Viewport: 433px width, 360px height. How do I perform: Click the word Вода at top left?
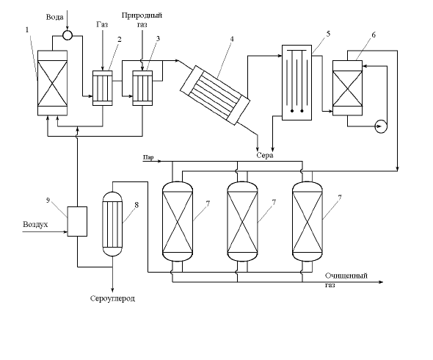[54, 17]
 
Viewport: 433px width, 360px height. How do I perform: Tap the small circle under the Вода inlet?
[68, 35]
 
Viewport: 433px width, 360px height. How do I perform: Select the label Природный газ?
[142, 20]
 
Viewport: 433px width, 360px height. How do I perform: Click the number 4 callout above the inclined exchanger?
[232, 39]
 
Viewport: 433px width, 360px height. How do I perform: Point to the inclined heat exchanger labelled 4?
[215, 95]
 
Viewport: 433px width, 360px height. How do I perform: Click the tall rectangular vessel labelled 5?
[296, 82]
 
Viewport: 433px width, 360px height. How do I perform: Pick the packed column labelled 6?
[347, 88]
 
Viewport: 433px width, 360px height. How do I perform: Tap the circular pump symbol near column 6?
[381, 126]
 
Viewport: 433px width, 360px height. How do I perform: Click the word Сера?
[265, 155]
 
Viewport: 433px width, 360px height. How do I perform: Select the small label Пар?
[148, 158]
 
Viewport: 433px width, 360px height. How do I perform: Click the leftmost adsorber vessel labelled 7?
[178, 221]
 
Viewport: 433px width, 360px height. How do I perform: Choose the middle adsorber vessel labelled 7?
[242, 221]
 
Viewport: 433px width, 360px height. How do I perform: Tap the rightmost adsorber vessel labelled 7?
[308, 221]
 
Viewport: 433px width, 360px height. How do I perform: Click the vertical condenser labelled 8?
[112, 224]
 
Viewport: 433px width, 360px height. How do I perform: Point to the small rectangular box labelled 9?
[77, 221]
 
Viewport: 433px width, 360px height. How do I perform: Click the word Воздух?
[35, 224]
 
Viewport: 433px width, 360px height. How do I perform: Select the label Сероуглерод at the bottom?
[113, 298]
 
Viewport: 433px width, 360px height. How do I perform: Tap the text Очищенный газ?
[346, 280]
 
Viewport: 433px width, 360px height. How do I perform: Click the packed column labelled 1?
[52, 83]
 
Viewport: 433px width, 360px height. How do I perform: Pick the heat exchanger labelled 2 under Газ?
[103, 88]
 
